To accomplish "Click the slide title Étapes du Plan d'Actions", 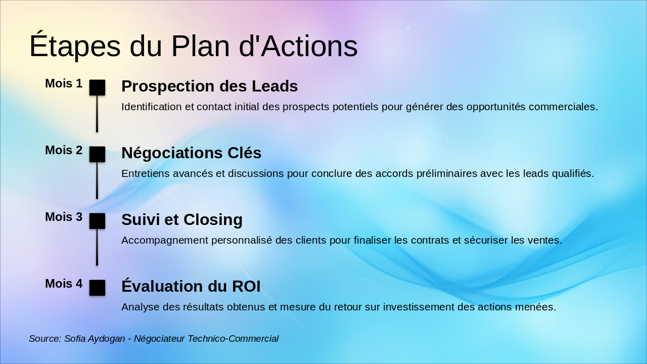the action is tap(193, 45).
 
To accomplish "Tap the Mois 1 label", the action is tap(64, 83).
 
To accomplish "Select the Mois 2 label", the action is tap(64, 150).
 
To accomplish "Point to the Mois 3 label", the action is tap(64, 217).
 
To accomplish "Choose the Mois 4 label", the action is tap(64, 284).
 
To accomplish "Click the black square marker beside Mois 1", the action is tap(97, 87).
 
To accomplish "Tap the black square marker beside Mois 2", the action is tap(97, 154).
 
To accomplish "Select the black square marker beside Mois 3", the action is tap(97, 221).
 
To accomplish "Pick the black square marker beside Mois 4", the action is tap(97, 288).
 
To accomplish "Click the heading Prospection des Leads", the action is tap(209, 86).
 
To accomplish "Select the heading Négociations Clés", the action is tap(191, 153).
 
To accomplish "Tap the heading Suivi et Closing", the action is tap(181, 219).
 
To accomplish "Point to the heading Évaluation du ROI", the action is tap(191, 286).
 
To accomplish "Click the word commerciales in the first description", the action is tap(564, 107).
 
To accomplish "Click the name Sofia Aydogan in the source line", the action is tap(95, 339).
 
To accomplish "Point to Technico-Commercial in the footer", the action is tap(233, 339).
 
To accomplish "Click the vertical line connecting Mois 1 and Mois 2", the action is tap(97, 114).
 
